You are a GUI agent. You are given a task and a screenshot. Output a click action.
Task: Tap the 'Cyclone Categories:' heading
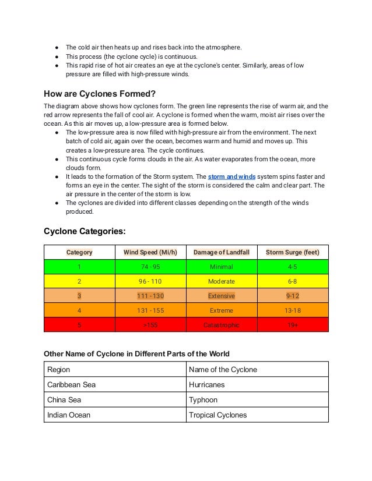coord(85,231)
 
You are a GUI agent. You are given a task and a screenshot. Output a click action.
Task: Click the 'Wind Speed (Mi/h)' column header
coord(150,252)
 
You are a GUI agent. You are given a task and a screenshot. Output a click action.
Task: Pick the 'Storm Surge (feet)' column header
coord(292,252)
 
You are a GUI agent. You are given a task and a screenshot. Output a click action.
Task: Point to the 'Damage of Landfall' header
coord(221,252)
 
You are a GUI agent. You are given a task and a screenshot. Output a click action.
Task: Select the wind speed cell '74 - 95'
coord(150,267)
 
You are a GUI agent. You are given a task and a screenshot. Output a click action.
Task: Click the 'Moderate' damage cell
coord(221,281)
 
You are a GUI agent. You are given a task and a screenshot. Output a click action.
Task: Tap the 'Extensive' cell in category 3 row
coord(221,296)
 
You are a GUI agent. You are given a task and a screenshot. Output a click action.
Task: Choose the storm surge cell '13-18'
coord(292,310)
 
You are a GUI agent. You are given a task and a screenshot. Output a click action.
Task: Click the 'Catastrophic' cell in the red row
coord(221,325)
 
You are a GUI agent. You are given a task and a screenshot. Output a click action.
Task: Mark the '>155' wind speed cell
coord(150,325)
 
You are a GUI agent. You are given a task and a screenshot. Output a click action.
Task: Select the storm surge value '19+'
coord(292,325)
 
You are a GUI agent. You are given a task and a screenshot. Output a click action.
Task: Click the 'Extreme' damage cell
coord(221,310)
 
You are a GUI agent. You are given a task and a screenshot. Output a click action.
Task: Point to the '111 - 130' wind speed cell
coord(150,296)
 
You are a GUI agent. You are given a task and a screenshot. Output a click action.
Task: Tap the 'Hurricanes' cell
coord(207,385)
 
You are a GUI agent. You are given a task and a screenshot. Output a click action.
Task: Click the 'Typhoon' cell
coord(203,400)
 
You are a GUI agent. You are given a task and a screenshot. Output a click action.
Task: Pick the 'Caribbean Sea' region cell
coord(71,385)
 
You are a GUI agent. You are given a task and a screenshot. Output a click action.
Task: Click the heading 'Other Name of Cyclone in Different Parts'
coord(137,353)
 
